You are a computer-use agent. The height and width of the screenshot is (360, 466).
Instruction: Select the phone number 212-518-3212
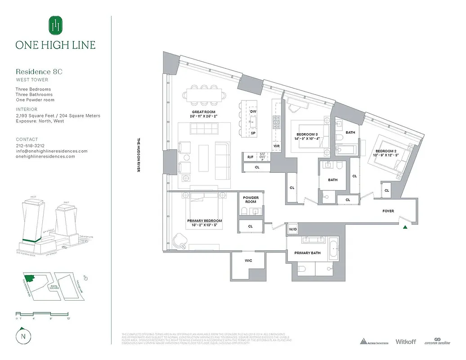[x=30, y=146]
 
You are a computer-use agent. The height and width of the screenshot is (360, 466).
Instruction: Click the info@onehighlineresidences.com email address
[x=52, y=151]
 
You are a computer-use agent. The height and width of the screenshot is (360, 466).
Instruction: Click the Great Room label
[x=204, y=112]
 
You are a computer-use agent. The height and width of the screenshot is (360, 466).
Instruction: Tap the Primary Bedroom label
[x=205, y=221]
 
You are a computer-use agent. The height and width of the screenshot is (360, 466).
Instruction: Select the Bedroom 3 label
[x=307, y=134]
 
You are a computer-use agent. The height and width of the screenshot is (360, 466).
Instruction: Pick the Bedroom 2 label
[x=386, y=151]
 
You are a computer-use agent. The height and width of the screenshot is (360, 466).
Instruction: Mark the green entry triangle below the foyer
[x=406, y=227]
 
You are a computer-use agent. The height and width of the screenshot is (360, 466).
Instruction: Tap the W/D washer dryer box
[x=293, y=229]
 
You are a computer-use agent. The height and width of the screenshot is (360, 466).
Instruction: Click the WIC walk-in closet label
[x=248, y=260]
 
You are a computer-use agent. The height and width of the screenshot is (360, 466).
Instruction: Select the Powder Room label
[x=251, y=200]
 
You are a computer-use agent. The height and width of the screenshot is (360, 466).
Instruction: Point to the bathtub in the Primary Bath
[x=333, y=248]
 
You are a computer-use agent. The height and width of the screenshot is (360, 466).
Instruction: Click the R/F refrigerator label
[x=250, y=157]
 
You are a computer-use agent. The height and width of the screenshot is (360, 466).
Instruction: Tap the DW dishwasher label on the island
[x=253, y=111]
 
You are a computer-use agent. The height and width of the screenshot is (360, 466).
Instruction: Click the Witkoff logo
[x=405, y=342]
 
